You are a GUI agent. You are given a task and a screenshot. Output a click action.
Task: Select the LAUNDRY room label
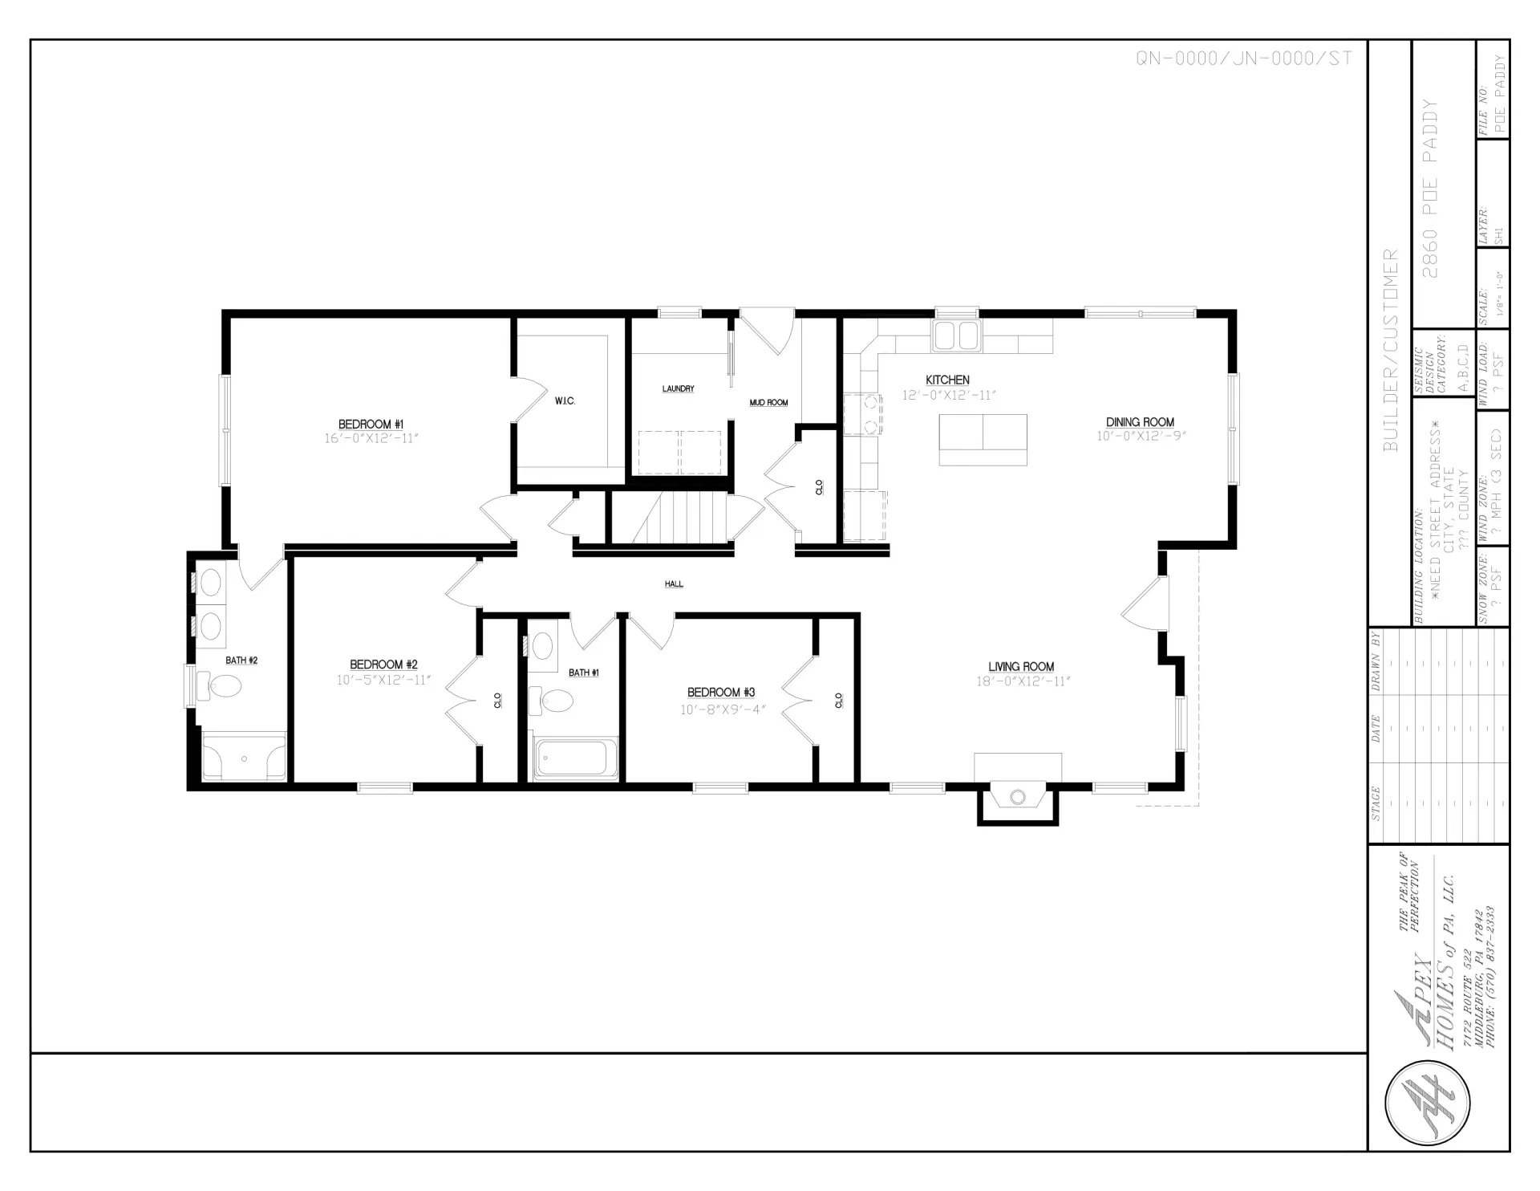(x=678, y=389)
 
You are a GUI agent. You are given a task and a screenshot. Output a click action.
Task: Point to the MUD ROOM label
(x=768, y=403)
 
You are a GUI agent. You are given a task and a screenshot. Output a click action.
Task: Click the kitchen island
(x=983, y=439)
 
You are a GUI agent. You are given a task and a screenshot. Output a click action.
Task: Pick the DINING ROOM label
(x=1140, y=422)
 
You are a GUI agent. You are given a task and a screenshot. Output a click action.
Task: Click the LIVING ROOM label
(x=1021, y=667)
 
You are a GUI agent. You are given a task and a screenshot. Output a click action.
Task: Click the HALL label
(x=674, y=584)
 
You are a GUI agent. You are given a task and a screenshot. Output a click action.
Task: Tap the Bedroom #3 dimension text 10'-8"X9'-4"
(x=720, y=709)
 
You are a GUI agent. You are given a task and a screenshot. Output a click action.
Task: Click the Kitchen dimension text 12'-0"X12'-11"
(x=948, y=396)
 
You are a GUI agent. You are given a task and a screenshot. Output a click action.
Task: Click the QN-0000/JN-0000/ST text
(x=1243, y=59)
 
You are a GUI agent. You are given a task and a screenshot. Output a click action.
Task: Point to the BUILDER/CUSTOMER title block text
(x=1390, y=350)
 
